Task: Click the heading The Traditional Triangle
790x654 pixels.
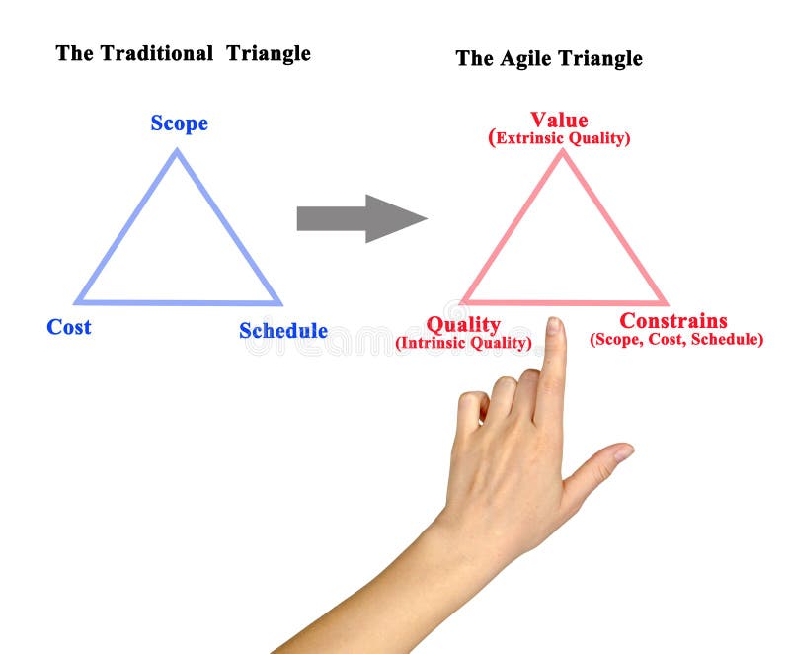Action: [x=183, y=53]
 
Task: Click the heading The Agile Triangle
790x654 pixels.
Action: [x=548, y=58]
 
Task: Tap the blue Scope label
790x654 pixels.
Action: [x=179, y=123]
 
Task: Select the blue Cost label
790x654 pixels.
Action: [x=69, y=327]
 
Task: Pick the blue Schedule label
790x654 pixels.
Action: [x=283, y=331]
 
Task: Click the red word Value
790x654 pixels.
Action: [x=559, y=121]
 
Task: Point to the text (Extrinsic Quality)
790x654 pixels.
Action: [x=559, y=138]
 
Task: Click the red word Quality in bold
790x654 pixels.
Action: [x=463, y=324]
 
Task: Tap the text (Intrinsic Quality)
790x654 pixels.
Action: [x=463, y=343]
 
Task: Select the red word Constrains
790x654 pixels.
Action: [x=673, y=321]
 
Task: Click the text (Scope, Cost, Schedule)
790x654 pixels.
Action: [x=676, y=339]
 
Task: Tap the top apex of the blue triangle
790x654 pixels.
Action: [x=177, y=151]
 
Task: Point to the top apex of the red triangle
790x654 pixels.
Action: [x=563, y=151]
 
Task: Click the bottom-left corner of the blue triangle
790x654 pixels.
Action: [x=77, y=302]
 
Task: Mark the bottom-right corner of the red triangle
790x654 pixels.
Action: [x=665, y=302]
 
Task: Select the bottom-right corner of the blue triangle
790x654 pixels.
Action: [x=279, y=303]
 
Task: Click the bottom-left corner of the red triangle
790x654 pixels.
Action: [x=463, y=301]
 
